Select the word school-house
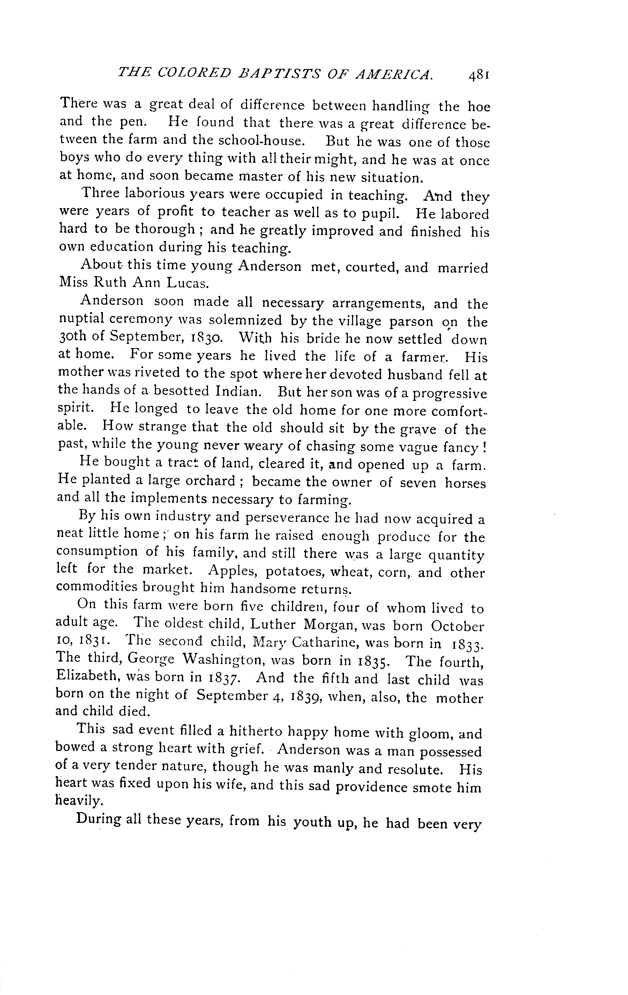[x=261, y=141]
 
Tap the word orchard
[x=209, y=481]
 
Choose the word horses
[x=465, y=483]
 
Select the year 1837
[x=223, y=678]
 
